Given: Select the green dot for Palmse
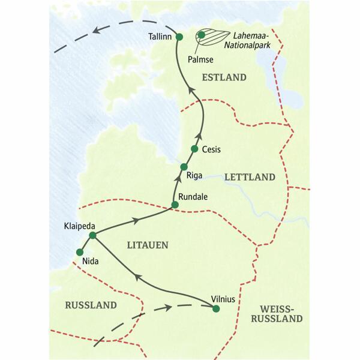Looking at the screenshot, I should coord(202,35).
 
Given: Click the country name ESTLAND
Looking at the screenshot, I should coord(225,77).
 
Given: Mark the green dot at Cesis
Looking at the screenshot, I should coord(194,148).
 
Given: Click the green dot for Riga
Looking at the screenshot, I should coord(184,166).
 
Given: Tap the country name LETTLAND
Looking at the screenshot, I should coord(249,178).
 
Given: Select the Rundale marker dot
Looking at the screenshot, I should coord(175,205).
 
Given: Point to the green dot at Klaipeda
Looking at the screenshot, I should coord(92,235).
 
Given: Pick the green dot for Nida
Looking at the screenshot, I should coord(79,252).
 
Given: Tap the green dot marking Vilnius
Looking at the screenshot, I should coord(216,308).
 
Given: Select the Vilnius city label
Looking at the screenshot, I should coord(226,296).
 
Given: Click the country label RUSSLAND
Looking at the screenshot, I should coord(90,305).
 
